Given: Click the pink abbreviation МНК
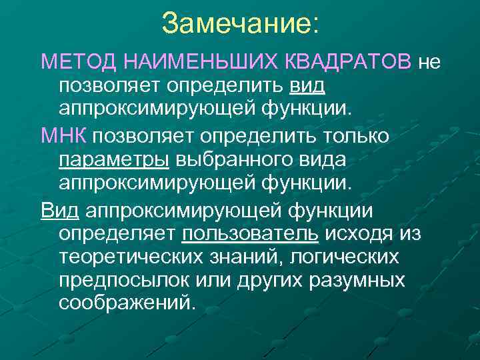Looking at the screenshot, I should point(64,137).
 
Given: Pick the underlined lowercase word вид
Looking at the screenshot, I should point(307,87).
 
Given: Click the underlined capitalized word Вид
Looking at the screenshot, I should point(60,211).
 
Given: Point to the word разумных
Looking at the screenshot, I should point(357,279).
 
